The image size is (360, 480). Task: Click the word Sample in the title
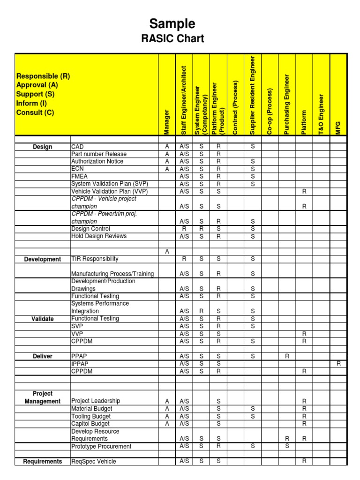(172, 24)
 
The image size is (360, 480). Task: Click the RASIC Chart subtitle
(172, 39)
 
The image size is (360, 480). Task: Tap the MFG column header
(338, 128)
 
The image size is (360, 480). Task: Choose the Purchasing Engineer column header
(287, 105)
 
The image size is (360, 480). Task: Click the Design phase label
(43, 147)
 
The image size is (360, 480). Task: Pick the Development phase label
(43, 259)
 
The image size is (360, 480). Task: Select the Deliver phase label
(43, 356)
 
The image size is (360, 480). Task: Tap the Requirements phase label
(43, 462)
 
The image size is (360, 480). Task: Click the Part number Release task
(99, 154)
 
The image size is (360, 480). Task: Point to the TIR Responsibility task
(95, 259)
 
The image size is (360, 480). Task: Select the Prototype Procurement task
(101, 447)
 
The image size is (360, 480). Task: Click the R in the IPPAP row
(338, 364)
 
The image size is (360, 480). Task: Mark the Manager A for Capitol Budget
(166, 424)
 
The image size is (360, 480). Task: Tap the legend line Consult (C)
(35, 112)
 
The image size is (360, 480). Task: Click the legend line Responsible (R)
(43, 76)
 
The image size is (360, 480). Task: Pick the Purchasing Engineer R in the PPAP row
(287, 356)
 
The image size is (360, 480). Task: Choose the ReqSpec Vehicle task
(93, 462)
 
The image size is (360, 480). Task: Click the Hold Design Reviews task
(99, 236)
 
